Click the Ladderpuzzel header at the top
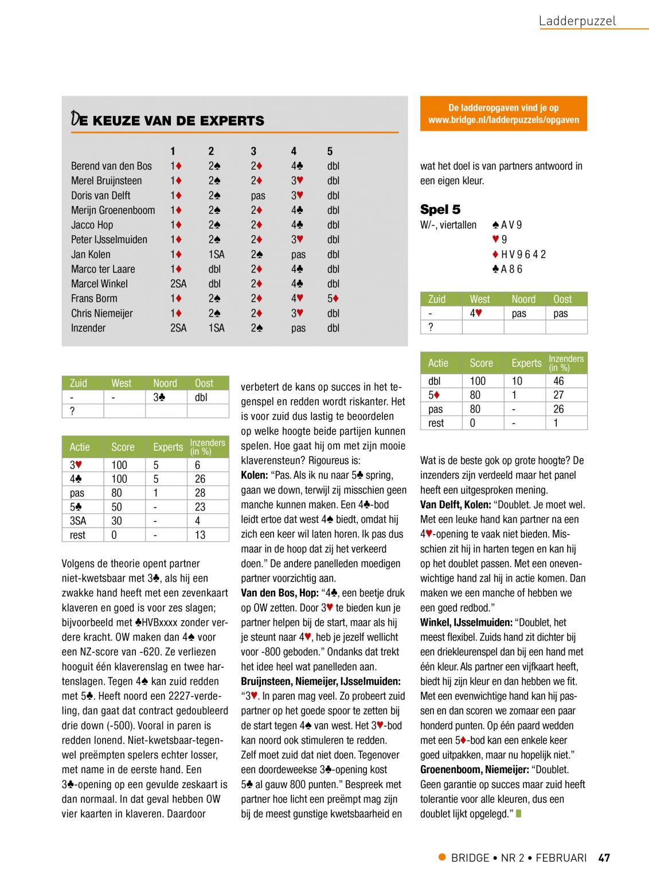point(577,21)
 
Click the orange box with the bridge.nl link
point(503,114)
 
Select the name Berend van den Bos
point(111,166)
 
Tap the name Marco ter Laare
point(103,269)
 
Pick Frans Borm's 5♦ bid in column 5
point(333,298)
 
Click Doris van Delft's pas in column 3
point(258,196)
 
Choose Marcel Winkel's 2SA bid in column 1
point(178,284)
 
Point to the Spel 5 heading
point(440,209)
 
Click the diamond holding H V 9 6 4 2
point(519,254)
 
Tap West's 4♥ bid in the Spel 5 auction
point(476,313)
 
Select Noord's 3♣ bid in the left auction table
point(159,397)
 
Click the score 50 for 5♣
point(117,507)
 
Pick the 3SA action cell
point(78,521)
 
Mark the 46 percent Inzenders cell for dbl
point(558,381)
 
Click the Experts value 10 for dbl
point(517,381)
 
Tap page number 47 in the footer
point(604,857)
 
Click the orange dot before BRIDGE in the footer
point(442,857)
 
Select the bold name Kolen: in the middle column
point(255,475)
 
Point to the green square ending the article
point(519,813)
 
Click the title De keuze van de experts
point(167,119)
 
